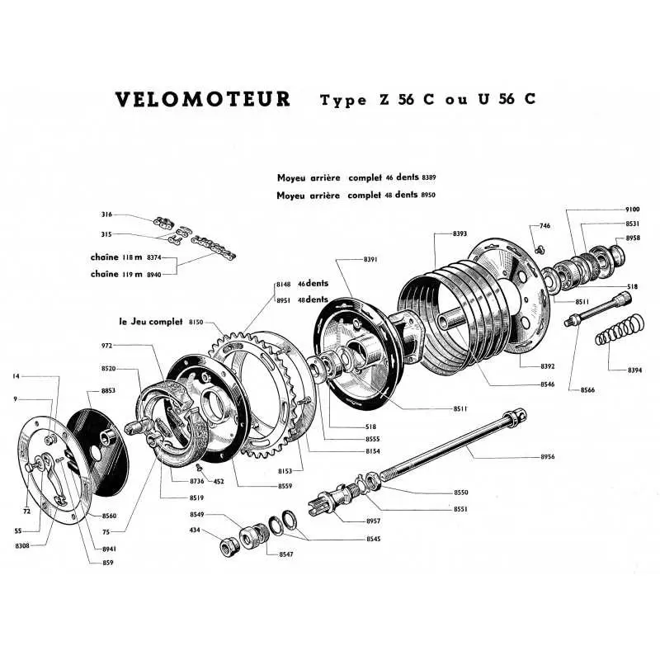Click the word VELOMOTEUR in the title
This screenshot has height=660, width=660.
click(x=203, y=100)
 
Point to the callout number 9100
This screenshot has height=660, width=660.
click(x=632, y=210)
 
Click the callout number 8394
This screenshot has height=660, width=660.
click(x=634, y=370)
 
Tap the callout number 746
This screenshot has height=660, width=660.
click(x=544, y=226)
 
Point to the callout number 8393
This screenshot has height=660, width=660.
click(x=460, y=234)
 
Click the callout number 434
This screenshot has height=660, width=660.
click(x=195, y=530)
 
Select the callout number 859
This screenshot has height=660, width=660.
click(x=108, y=563)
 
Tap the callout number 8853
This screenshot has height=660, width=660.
click(x=108, y=390)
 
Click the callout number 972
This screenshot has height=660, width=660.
click(x=107, y=346)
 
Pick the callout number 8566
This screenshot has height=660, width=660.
click(x=587, y=389)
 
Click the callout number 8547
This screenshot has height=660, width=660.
click(x=285, y=555)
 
